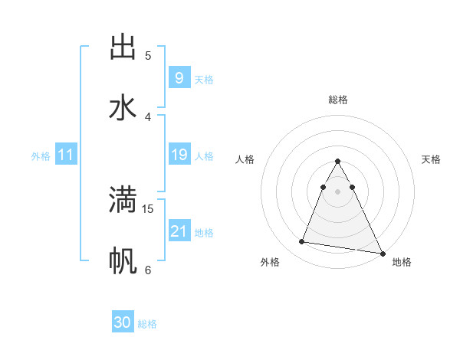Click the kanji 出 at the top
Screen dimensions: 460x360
pos(123,47)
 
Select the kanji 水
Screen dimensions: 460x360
pos(123,108)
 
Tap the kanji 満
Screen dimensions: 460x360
pos(123,200)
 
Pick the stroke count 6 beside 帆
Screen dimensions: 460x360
pos(148,270)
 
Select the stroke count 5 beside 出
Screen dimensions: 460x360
pos(148,55)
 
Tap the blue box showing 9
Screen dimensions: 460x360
pos(179,78)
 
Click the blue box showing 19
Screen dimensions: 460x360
pos(179,155)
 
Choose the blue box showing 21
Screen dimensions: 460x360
pos(179,231)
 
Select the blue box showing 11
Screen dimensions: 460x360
pos(66,155)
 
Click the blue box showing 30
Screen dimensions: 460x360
pos(123,322)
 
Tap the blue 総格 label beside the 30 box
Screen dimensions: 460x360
pos(147,324)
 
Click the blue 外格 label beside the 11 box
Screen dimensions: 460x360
pos(41,156)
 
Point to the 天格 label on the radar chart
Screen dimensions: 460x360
pos(431,159)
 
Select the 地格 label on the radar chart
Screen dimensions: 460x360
pos(402,262)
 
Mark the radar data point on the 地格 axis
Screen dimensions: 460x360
pos(382,254)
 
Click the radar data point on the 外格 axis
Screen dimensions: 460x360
pos(301,242)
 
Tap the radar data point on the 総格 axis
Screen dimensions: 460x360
pos(337,162)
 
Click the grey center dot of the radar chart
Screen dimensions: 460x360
pos(337,191)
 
